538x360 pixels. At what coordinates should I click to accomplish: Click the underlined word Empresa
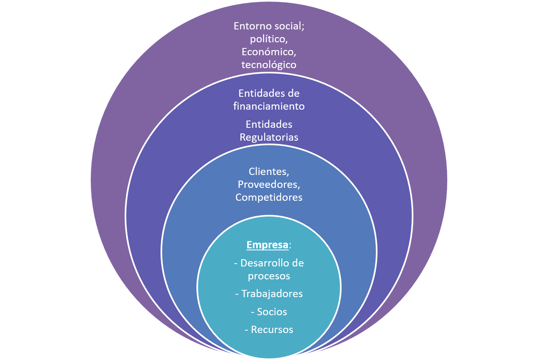267,245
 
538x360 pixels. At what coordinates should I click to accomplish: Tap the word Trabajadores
272,293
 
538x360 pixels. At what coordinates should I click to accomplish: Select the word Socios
272,312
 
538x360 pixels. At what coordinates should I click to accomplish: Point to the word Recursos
272,329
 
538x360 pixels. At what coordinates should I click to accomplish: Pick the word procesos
269,276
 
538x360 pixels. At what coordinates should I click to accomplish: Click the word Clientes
269,171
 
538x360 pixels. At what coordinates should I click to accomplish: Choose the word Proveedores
269,184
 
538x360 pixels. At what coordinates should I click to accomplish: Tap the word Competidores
269,197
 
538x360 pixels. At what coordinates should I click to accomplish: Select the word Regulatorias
269,137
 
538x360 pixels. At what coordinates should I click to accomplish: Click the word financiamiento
269,106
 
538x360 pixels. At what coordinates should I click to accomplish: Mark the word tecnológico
269,65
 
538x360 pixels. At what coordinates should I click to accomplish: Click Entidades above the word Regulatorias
269,124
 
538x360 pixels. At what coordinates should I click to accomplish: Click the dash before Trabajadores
237,294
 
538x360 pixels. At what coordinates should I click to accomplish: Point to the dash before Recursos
247,330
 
